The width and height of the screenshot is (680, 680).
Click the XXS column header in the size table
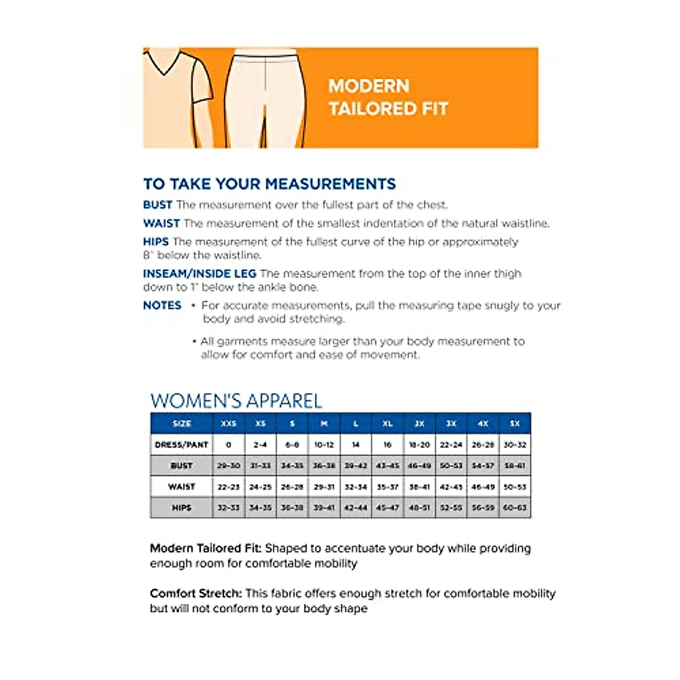228,423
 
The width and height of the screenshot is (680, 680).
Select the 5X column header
515,423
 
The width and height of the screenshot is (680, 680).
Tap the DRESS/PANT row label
181,445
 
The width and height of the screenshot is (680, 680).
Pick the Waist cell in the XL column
388,487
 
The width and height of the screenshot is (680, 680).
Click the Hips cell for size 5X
515,508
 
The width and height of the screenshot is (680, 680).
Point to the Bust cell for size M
324,466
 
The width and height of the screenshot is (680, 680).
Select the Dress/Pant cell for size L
356,445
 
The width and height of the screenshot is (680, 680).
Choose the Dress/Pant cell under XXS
228,445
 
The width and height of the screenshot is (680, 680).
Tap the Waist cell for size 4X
483,487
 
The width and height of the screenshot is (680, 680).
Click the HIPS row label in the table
181,508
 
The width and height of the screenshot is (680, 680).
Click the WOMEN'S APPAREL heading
236,401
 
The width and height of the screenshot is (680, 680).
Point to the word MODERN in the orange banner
369,86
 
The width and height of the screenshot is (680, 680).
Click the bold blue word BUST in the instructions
158,205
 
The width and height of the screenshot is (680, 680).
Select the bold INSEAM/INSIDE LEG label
199,274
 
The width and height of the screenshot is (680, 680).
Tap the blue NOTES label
162,305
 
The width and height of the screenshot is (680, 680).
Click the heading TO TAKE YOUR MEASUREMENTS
270,184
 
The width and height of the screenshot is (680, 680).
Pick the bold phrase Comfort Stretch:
195,593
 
